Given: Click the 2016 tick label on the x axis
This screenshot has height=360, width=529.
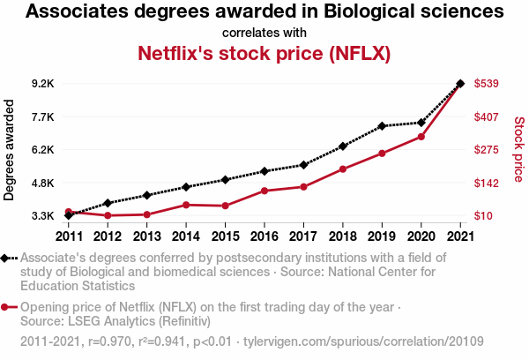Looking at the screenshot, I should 264,235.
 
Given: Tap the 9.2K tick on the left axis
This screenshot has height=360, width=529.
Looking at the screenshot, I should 42,84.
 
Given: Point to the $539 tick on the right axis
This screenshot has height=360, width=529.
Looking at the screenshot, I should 488,84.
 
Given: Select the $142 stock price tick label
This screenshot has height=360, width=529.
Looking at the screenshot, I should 488,183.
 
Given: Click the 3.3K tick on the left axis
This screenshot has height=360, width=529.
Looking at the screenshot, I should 42,216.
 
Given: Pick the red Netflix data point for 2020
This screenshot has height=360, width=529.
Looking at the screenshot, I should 421,137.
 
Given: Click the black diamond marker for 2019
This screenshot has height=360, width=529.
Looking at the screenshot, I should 382,126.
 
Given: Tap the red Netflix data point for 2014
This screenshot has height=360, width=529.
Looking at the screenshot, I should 186,205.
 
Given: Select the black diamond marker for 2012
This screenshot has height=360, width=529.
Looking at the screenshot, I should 108,203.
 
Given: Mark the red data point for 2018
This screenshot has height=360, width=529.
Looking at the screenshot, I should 343,169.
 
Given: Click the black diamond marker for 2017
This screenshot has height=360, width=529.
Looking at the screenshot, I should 303,165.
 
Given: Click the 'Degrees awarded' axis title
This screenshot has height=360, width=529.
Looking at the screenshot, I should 10,150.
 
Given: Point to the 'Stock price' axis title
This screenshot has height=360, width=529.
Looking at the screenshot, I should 518,150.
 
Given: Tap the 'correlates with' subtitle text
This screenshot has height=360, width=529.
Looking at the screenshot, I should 264,33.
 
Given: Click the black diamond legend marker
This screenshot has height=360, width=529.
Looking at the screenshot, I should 7,258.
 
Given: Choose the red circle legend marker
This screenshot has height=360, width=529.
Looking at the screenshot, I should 7,307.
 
